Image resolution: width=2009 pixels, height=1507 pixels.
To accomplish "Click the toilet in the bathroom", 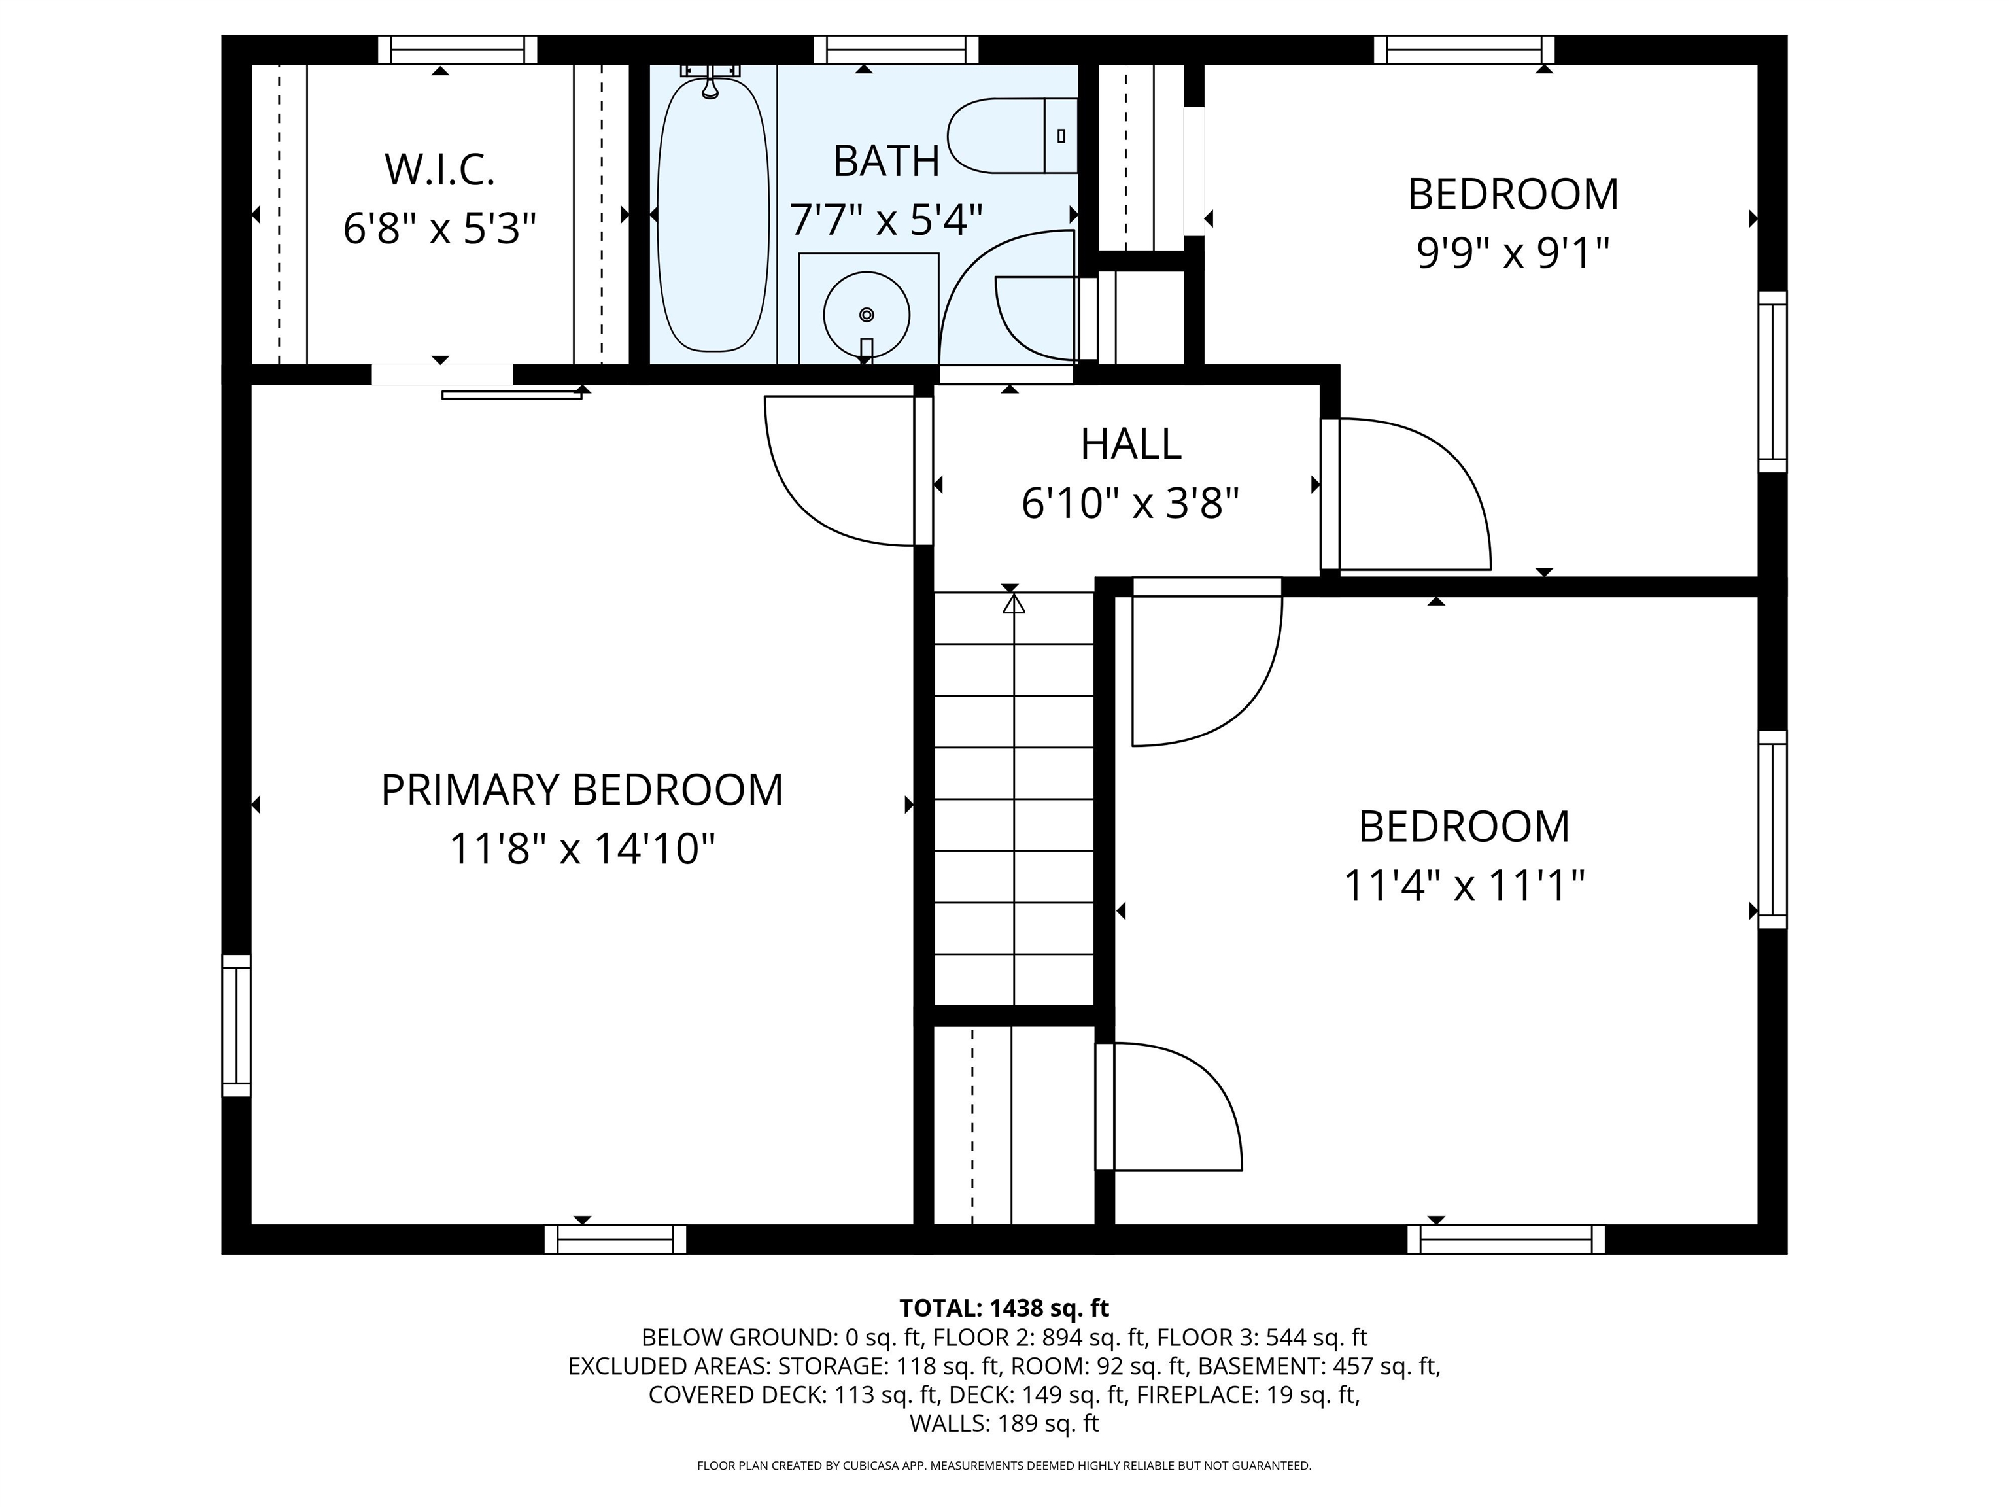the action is tap(1012, 136).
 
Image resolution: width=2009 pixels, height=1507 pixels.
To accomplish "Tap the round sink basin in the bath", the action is tap(867, 315).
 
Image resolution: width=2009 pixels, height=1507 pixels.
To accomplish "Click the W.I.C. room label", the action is tap(439, 170).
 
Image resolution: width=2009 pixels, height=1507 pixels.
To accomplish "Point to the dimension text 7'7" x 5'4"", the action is tap(886, 219).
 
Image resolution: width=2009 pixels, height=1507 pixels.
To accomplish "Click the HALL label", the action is tap(1131, 444).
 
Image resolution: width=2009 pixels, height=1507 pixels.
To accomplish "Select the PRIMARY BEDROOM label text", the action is tap(581, 789).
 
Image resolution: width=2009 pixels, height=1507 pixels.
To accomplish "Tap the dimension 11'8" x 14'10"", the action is tap(582, 850).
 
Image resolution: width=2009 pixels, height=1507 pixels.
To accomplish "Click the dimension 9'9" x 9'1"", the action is tap(1513, 253).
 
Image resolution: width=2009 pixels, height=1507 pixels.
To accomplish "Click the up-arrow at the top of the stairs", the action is tap(1014, 602).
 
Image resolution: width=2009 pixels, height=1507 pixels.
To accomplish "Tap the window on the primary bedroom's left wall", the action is tap(236, 1026).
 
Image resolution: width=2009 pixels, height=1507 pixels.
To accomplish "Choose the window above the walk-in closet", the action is tap(458, 49).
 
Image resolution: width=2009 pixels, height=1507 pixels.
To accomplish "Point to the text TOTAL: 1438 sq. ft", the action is tap(1004, 1308).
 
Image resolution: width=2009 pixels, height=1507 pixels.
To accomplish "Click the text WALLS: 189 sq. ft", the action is tap(1004, 1423).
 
